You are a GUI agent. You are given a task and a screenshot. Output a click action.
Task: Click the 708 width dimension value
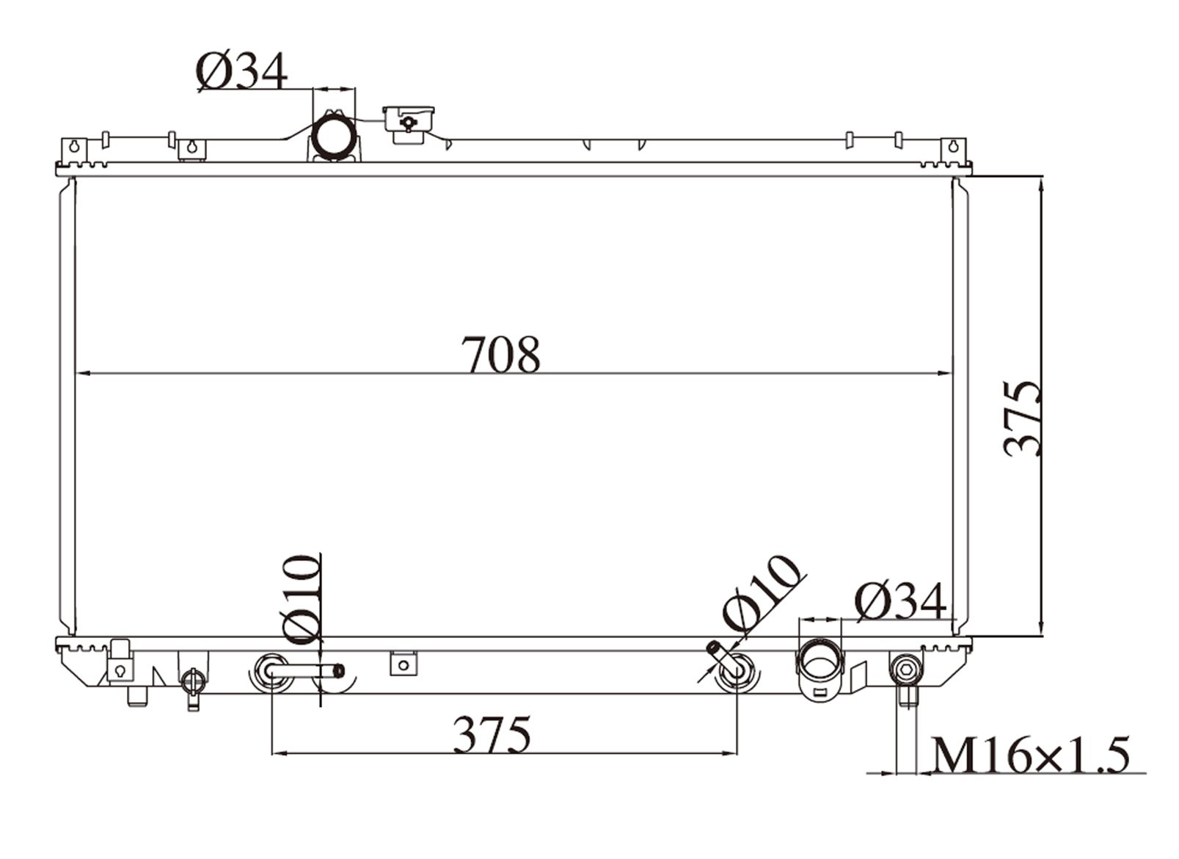pos(501,355)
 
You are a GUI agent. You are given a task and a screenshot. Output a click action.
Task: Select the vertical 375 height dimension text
pos(1023,418)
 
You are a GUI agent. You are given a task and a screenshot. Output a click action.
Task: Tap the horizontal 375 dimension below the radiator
pos(491,735)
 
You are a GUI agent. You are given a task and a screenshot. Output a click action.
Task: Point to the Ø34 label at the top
pos(242,73)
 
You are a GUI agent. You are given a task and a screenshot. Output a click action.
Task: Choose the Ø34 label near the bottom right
pos(900,603)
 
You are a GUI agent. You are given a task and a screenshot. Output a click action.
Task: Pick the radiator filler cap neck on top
pos(408,123)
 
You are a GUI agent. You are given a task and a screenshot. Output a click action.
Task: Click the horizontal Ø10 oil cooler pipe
pos(304,670)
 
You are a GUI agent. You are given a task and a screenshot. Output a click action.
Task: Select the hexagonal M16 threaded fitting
pos(905,668)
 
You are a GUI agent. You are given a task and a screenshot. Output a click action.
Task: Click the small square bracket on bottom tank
pos(401,663)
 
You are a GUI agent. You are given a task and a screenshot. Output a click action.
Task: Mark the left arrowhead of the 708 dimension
pos(81,374)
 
